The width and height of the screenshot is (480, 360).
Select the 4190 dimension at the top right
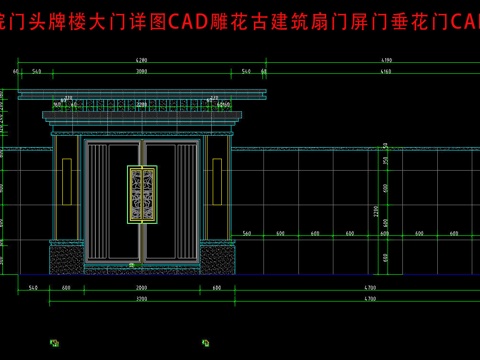pos(357,62)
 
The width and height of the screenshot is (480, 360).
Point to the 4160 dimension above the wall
pos(357,73)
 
